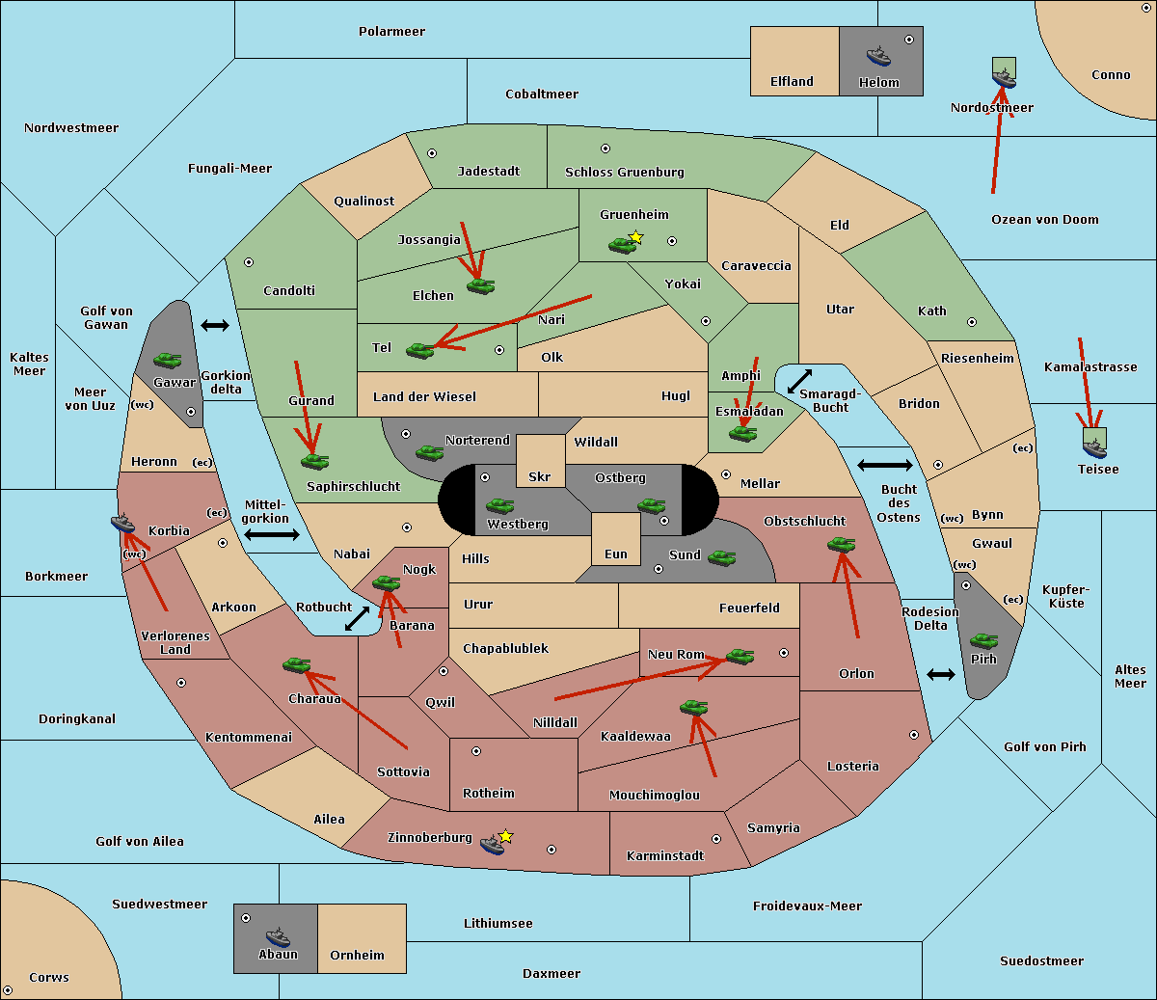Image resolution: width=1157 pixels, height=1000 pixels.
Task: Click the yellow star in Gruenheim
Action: coord(635,236)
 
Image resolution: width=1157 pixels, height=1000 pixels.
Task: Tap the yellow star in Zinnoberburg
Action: coord(505,836)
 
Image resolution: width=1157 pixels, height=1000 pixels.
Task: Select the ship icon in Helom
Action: coord(878,56)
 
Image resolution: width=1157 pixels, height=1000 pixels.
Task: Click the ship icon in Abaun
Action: coord(278,936)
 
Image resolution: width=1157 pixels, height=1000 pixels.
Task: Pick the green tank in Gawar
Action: coord(167,360)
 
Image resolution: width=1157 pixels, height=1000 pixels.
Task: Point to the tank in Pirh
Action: coord(983,640)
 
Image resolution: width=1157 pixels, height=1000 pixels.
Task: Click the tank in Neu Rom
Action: coord(740,656)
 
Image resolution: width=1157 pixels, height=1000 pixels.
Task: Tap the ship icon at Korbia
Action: coord(123,524)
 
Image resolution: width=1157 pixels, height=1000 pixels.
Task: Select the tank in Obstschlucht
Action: coord(841,544)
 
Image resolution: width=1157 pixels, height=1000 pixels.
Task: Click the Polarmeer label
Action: coord(391,32)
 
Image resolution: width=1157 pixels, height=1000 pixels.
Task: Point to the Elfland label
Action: coord(792,82)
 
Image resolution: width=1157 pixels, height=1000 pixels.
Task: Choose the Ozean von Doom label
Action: coord(1044,220)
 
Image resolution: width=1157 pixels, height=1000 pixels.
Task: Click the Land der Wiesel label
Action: coord(424,396)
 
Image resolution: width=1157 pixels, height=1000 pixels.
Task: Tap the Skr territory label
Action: coord(539,477)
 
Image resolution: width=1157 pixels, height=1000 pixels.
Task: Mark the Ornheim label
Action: coord(357,956)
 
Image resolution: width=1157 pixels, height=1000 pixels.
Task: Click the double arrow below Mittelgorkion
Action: coord(272,535)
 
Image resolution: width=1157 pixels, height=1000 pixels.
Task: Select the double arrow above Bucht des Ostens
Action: coord(884,466)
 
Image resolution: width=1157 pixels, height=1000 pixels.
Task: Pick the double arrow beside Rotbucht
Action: coord(358,618)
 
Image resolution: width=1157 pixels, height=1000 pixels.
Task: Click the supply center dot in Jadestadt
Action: coord(432,152)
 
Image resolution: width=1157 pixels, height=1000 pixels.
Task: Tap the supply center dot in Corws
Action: coord(8,990)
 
